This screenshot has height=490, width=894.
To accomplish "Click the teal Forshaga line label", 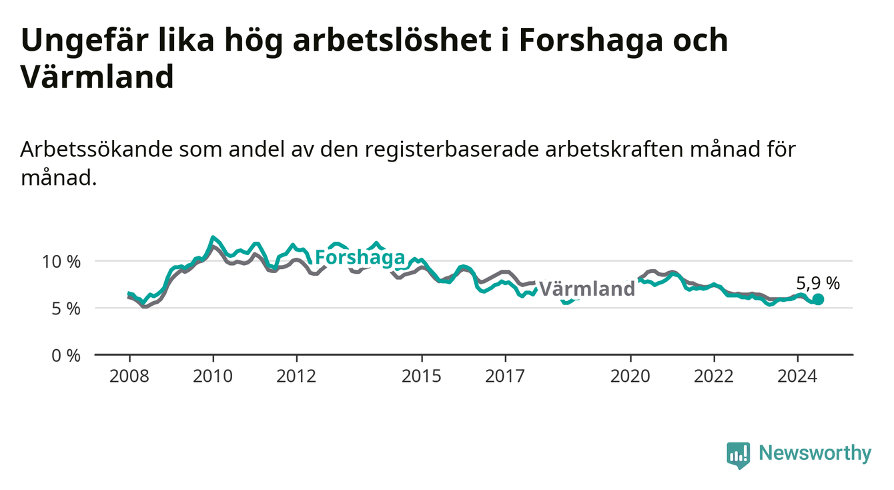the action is click(x=360, y=258).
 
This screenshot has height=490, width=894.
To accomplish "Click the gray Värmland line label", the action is click(x=587, y=289).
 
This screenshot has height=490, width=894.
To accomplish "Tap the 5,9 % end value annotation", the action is click(x=818, y=283).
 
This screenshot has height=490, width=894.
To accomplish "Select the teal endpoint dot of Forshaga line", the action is click(x=818, y=299).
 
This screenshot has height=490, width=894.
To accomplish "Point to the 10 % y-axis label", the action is click(x=61, y=262).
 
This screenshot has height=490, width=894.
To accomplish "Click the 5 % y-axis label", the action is click(x=66, y=308).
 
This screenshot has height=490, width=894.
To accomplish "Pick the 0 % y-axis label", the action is click(x=66, y=355).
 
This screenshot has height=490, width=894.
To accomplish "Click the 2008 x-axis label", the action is click(x=129, y=377).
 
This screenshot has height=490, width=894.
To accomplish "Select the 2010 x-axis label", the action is click(x=213, y=377).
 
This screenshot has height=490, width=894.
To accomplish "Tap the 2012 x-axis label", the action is click(x=296, y=377).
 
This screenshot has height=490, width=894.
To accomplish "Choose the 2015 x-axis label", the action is click(x=422, y=377).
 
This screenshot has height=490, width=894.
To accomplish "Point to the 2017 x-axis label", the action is click(x=505, y=377).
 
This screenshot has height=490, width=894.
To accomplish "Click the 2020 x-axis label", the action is click(x=630, y=377).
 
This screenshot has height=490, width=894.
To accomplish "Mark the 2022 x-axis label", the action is click(x=714, y=377).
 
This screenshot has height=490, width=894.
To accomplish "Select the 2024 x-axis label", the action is click(x=797, y=377).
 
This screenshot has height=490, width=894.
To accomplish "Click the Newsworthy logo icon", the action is click(x=739, y=455).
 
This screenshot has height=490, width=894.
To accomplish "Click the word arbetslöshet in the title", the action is click(x=392, y=40).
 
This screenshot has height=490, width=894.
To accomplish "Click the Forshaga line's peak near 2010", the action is click(x=213, y=237).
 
